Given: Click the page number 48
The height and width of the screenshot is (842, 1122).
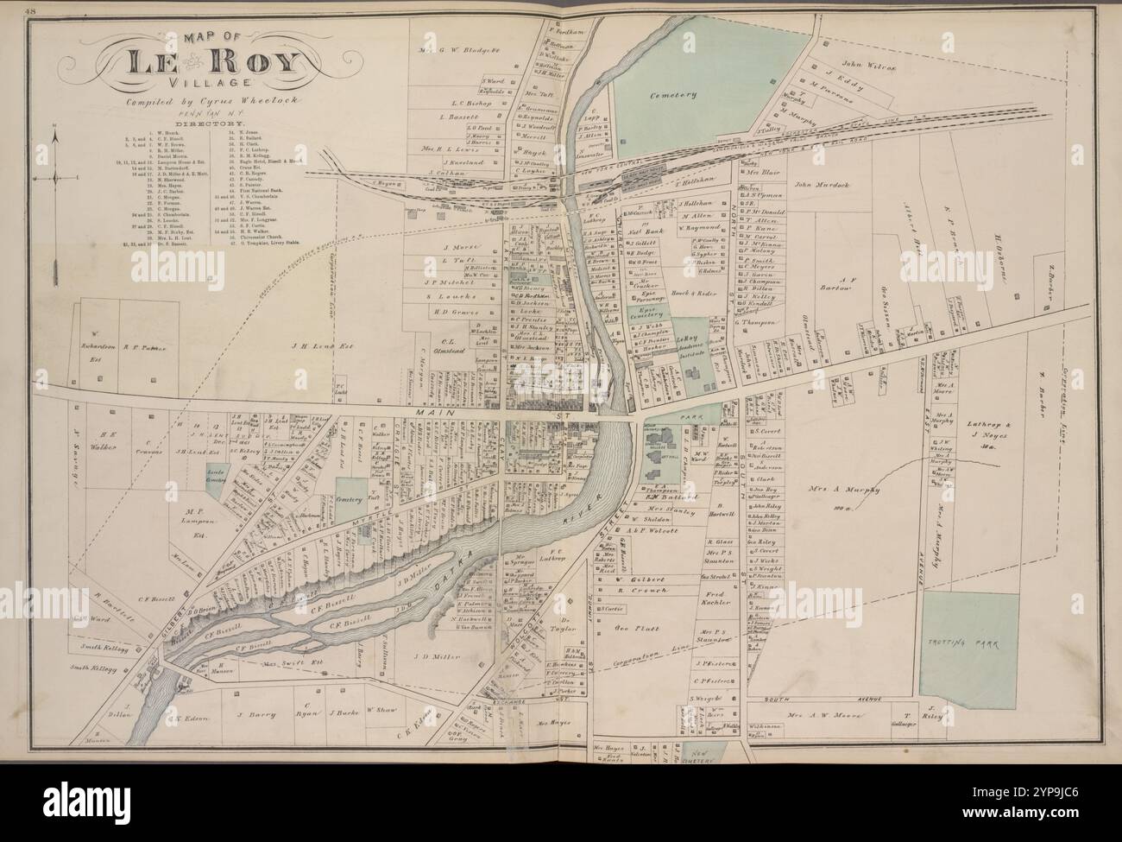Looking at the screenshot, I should (32, 11).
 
